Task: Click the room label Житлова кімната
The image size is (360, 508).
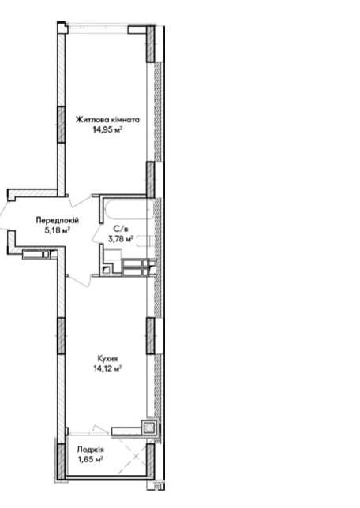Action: (x=107, y=120)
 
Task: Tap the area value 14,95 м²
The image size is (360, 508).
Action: (x=107, y=130)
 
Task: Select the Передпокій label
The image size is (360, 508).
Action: (x=58, y=221)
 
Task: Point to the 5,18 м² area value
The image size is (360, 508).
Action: (x=58, y=230)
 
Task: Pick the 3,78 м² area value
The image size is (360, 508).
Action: (x=121, y=239)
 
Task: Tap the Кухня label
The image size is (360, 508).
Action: (x=107, y=358)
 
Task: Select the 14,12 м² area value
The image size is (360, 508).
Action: (x=107, y=368)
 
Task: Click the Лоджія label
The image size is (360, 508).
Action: (x=91, y=450)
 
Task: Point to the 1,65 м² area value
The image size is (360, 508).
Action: (x=91, y=459)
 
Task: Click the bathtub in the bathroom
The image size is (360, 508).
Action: (x=129, y=208)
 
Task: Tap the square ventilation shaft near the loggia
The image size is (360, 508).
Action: (x=149, y=428)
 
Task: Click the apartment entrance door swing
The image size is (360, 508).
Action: (x=2, y=218)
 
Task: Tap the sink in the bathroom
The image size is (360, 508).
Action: (x=144, y=241)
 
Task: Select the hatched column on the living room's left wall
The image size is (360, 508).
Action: (x=62, y=125)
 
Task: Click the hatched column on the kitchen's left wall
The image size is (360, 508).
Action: (x=62, y=335)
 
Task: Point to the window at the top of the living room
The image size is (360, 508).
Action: (x=98, y=28)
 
